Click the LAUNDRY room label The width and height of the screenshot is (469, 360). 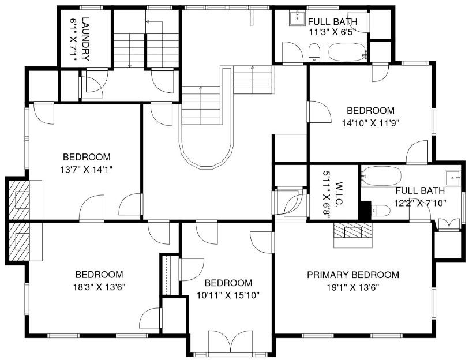[x=85, y=39]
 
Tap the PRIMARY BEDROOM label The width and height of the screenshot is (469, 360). [x=353, y=275]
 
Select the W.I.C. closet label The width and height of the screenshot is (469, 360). [x=339, y=194]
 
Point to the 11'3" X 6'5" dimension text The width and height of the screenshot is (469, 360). [x=332, y=32]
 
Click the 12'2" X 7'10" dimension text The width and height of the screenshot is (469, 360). [x=420, y=203]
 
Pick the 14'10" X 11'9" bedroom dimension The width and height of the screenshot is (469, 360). [x=371, y=123]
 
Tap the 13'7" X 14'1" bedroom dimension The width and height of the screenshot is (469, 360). [x=86, y=170]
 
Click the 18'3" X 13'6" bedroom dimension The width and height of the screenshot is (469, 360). [x=99, y=287]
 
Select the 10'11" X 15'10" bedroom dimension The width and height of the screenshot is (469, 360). [x=228, y=295]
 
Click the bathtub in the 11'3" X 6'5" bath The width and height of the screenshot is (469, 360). [x=347, y=52]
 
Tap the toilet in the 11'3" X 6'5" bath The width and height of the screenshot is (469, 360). [x=314, y=53]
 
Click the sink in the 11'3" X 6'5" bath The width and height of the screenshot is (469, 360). [x=297, y=18]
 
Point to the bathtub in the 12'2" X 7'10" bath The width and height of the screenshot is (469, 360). [x=381, y=177]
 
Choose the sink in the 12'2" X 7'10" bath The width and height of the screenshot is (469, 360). [x=453, y=178]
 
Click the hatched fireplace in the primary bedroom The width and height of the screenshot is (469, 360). [x=353, y=230]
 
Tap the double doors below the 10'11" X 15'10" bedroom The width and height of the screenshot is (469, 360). [x=230, y=342]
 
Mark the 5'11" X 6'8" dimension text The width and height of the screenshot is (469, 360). [x=326, y=194]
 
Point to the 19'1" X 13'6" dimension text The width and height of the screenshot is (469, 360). [x=353, y=287]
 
